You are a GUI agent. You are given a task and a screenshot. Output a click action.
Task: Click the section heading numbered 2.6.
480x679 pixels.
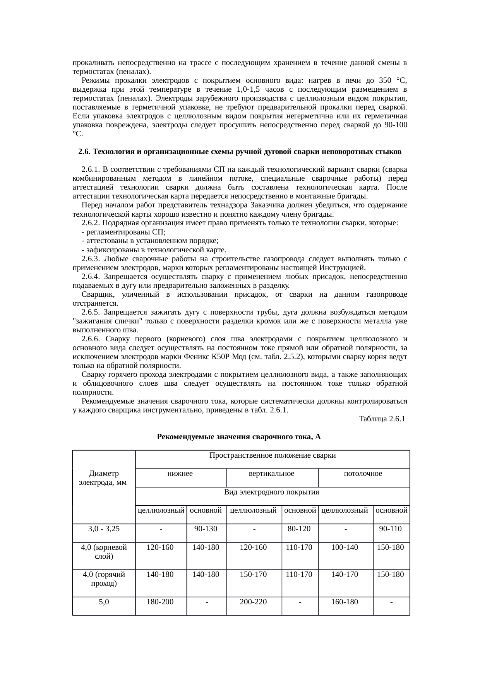[x=240, y=152]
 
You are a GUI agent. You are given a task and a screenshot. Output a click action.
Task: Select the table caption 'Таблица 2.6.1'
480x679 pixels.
[x=382, y=419]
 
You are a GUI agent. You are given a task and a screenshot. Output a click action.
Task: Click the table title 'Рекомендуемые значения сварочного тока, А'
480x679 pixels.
[x=239, y=437]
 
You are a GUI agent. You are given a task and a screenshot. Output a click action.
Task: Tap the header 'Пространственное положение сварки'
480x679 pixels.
[x=272, y=455]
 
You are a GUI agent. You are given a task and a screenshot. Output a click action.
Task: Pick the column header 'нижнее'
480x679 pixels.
[x=180, y=474]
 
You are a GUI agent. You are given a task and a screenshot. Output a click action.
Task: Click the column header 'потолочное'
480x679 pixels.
[x=363, y=474]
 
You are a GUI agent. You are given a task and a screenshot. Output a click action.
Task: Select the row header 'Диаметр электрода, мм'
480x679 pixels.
[x=103, y=478]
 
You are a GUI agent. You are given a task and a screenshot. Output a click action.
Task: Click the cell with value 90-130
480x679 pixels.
[x=206, y=528]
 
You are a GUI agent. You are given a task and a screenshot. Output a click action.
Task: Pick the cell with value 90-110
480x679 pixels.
[x=391, y=528]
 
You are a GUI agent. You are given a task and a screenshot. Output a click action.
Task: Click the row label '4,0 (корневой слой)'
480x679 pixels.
[x=104, y=552]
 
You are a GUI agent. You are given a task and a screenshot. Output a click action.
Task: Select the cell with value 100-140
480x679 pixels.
[x=345, y=547]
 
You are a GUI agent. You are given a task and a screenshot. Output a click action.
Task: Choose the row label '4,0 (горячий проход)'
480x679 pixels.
[x=104, y=579]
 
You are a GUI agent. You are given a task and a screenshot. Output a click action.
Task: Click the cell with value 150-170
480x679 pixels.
[x=254, y=574]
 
